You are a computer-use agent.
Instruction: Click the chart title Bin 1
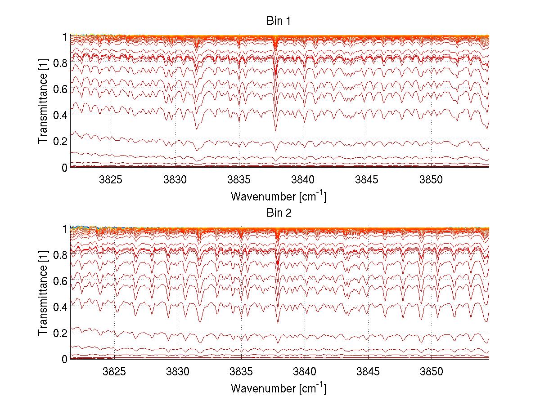pos(279,21)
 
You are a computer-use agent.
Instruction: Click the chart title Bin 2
pos(279,213)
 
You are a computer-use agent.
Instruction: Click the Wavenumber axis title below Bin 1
pos(279,196)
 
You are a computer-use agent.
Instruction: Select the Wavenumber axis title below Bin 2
pos(279,388)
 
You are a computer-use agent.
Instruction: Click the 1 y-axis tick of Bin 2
pos(64,229)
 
